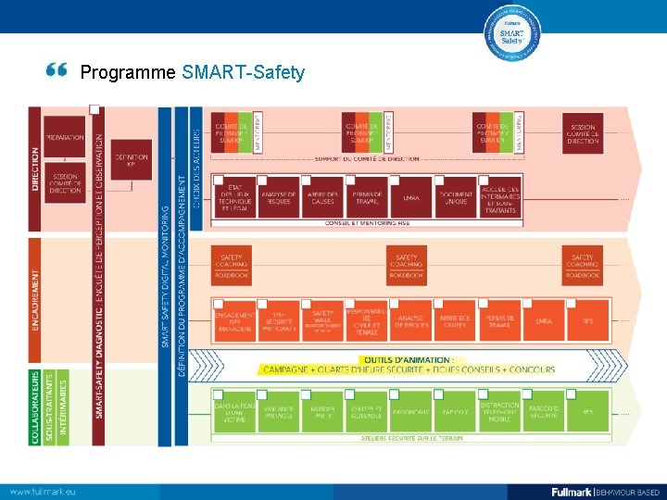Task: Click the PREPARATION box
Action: tap(64, 137)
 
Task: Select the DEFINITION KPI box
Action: tap(132, 159)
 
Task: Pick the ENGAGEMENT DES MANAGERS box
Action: tap(235, 320)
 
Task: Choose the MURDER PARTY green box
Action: tap(323, 412)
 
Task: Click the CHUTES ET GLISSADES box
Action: tap(367, 412)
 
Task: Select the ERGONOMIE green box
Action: tap(410, 412)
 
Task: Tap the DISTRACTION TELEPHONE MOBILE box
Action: tap(500, 412)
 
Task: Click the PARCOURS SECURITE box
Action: tap(544, 412)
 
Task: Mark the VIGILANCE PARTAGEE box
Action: tap(279, 412)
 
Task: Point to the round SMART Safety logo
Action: tap(512, 35)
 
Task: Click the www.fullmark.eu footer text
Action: tap(44, 491)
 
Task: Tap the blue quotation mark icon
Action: tap(57, 70)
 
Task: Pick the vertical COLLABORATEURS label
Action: tap(36, 407)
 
